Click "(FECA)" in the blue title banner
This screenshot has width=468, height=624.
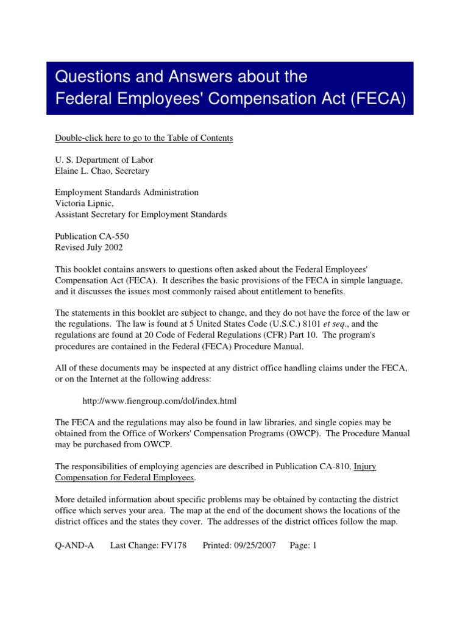point(378,99)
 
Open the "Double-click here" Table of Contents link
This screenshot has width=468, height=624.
point(144,138)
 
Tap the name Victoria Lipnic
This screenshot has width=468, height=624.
point(83,204)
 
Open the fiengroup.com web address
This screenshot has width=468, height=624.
point(159,401)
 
